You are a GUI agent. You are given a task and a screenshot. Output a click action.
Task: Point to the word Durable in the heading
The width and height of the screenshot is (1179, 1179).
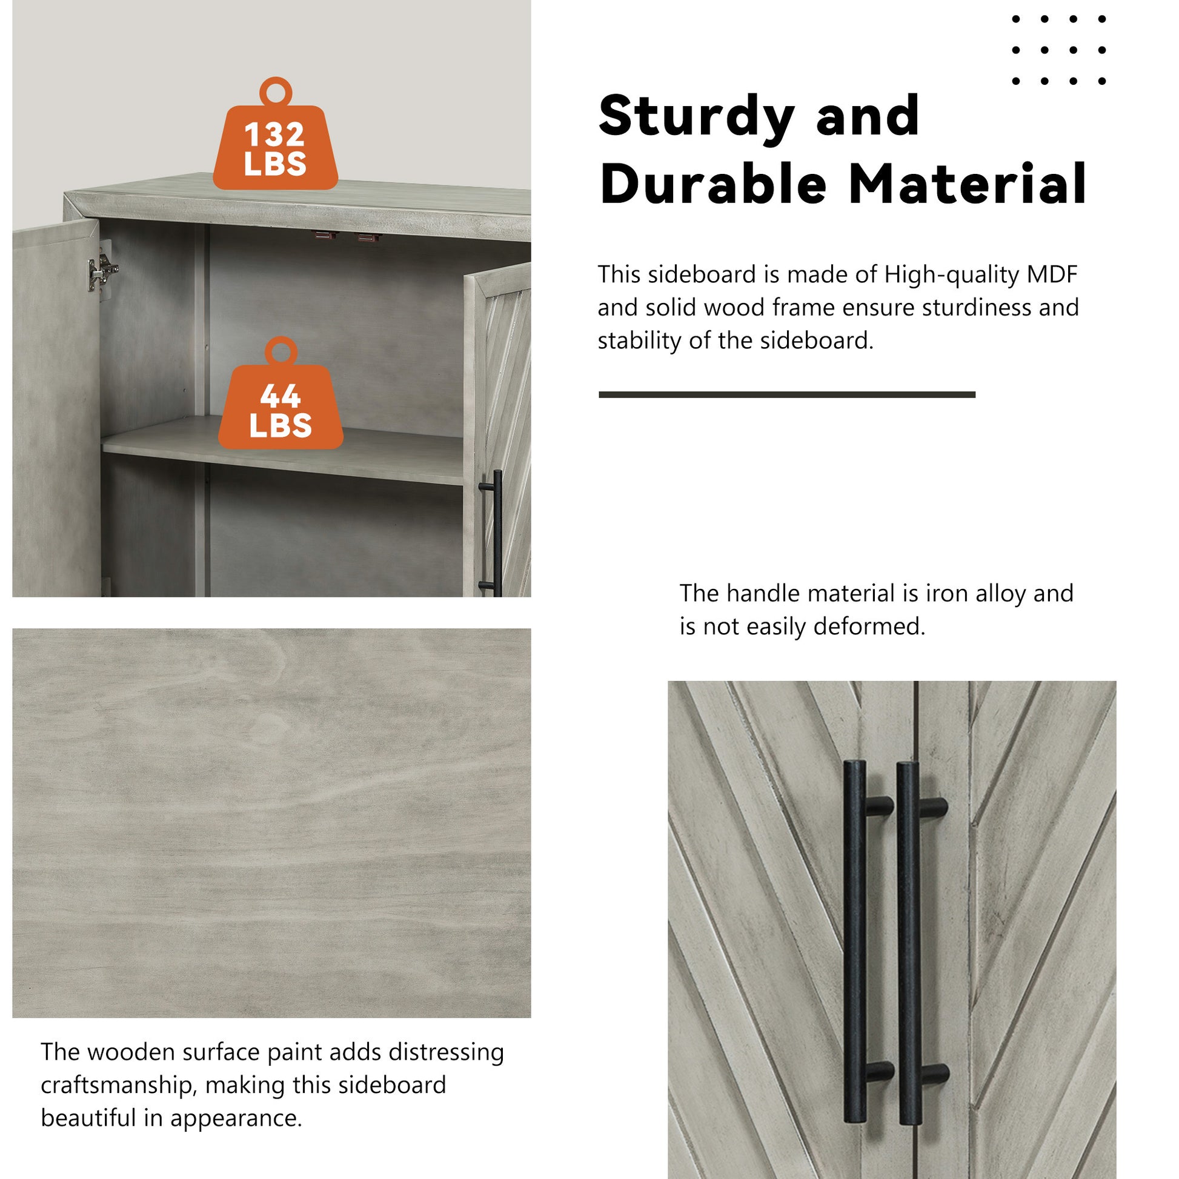(713, 184)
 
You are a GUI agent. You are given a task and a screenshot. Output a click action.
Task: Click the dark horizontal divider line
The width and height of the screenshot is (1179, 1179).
(786, 395)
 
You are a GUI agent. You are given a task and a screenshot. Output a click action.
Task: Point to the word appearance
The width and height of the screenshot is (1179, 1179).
(236, 1118)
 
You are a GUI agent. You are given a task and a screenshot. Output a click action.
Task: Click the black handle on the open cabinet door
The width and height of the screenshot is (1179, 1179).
(497, 532)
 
